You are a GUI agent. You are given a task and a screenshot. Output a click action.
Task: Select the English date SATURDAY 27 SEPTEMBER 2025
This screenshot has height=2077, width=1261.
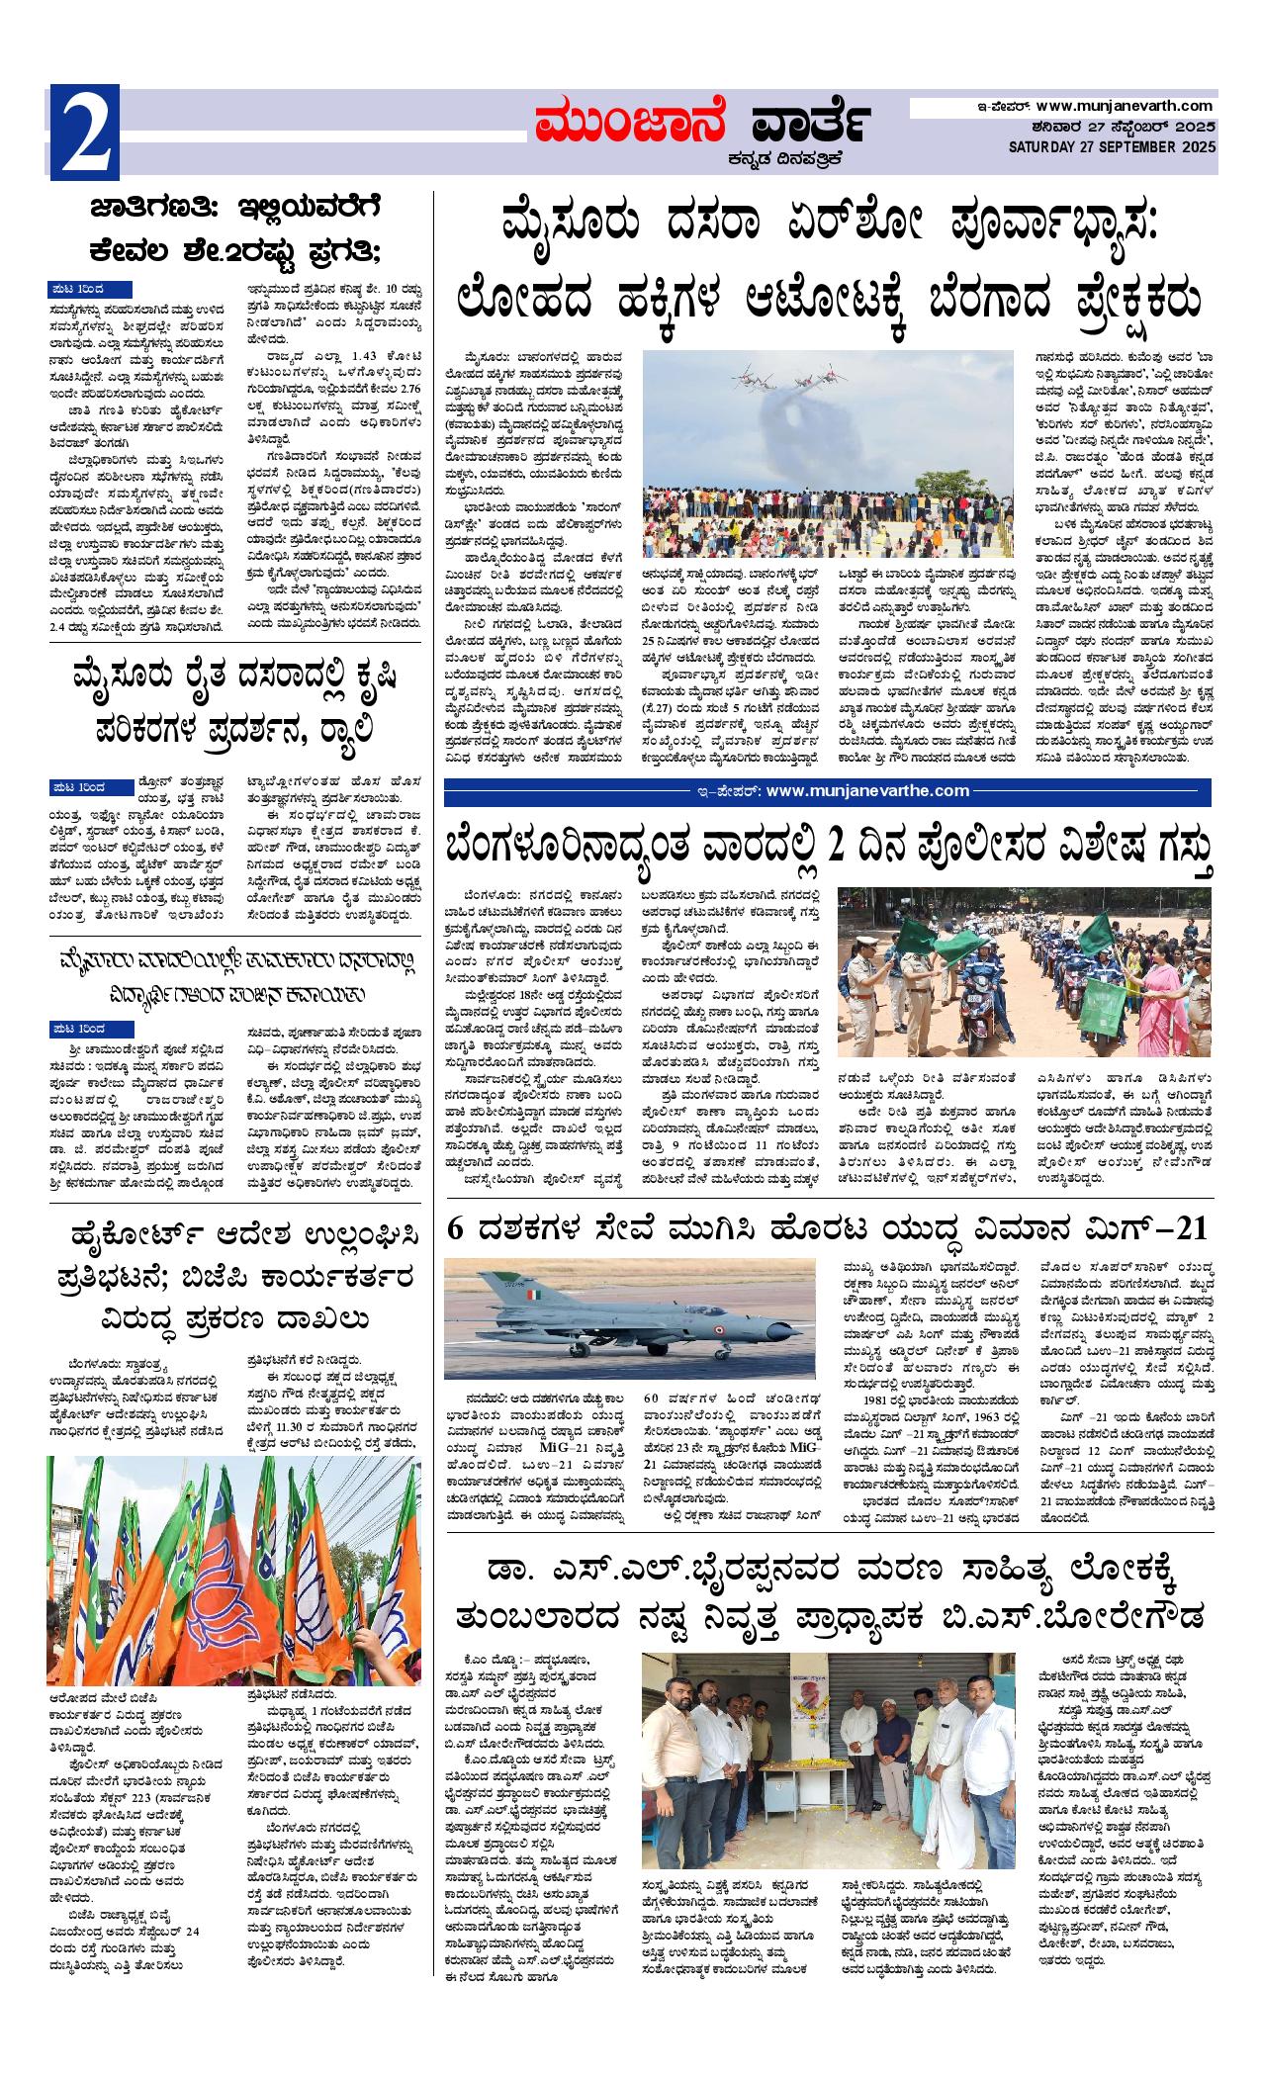point(1113,146)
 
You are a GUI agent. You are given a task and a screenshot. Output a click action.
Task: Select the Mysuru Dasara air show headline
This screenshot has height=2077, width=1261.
point(828,258)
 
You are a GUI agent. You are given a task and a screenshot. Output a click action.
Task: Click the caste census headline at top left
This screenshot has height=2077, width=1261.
point(234,229)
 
